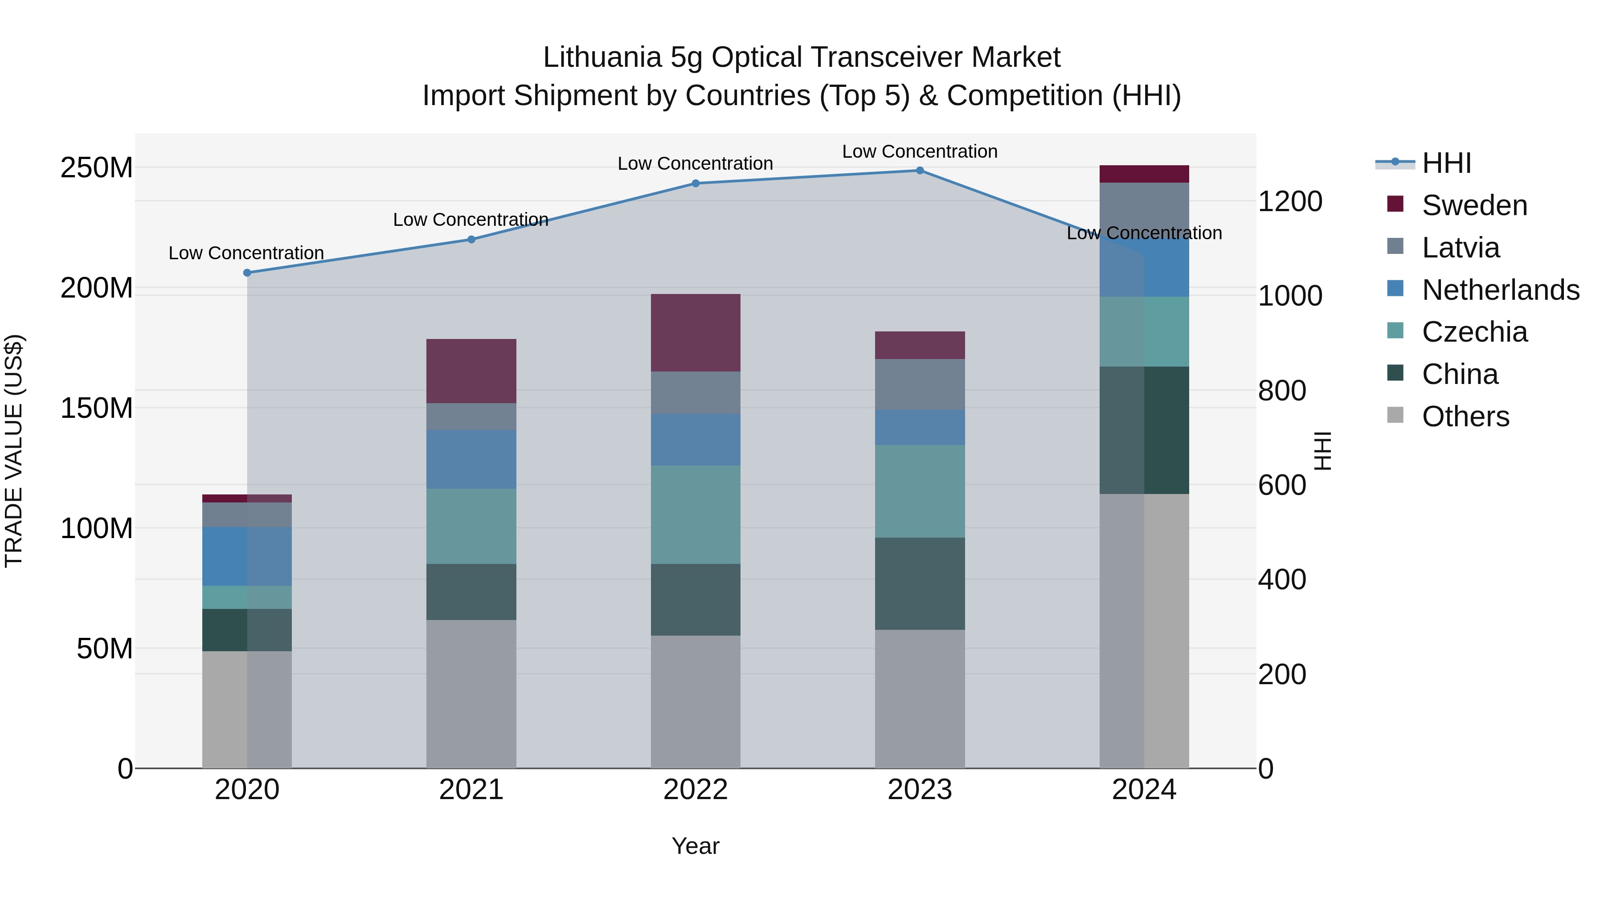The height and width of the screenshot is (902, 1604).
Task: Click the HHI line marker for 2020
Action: point(247,273)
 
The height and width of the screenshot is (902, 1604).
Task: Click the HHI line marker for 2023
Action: point(920,171)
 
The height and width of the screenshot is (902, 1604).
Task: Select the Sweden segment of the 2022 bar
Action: point(696,333)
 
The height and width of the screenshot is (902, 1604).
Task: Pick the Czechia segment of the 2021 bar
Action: point(471,526)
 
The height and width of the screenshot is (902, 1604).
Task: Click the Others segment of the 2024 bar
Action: point(1144,631)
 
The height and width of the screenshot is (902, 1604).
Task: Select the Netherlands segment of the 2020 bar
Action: point(247,556)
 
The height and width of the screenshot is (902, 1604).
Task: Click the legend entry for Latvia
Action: point(1460,248)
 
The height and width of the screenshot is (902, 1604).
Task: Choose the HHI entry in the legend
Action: point(1446,163)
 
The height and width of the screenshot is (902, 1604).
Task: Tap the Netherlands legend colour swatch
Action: point(1395,289)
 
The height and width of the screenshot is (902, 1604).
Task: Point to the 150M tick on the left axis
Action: point(97,408)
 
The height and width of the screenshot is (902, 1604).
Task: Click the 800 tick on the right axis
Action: point(1281,391)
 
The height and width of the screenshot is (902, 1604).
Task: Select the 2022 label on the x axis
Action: point(696,790)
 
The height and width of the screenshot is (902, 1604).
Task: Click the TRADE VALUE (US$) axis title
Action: point(14,451)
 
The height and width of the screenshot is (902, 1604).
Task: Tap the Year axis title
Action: point(696,846)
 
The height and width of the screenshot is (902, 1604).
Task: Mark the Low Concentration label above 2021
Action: point(471,220)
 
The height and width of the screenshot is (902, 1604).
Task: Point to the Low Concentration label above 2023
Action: point(920,151)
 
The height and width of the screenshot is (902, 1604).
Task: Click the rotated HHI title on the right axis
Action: point(1322,451)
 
